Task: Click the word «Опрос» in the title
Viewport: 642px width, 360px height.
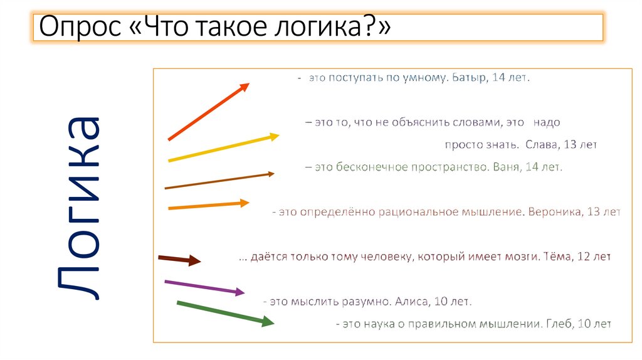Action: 80,28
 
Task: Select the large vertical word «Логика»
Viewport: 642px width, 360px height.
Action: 79,209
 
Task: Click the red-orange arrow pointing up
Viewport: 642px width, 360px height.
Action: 209,112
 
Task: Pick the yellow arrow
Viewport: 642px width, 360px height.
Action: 224,147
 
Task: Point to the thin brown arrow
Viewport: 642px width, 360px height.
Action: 219,181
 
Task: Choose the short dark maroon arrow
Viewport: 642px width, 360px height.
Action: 179,259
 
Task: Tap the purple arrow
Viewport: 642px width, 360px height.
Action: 204,287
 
